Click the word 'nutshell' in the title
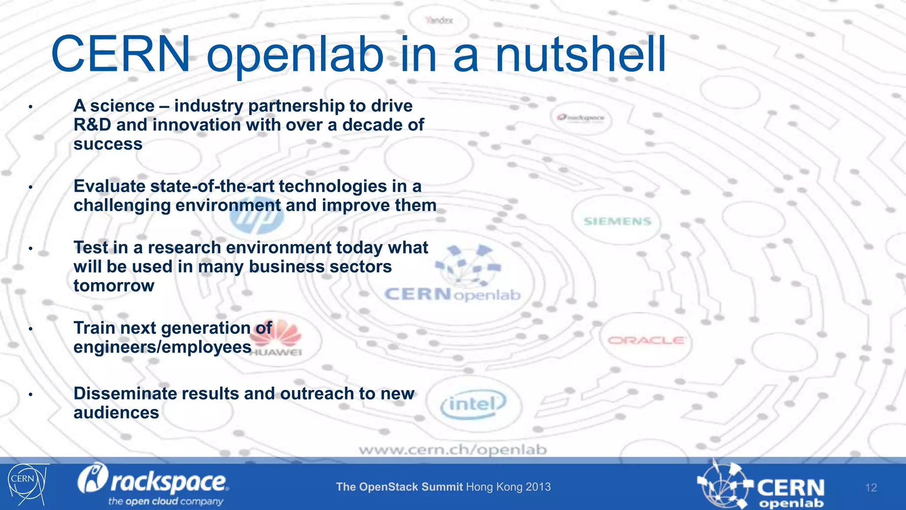click(x=580, y=55)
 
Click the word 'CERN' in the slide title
click(x=120, y=55)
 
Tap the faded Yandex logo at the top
click(x=439, y=20)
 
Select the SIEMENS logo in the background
click(x=618, y=221)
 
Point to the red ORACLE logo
click(x=646, y=340)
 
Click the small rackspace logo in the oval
click(x=581, y=118)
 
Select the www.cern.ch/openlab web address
click(x=453, y=450)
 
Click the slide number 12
click(x=871, y=488)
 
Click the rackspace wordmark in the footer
click(x=153, y=481)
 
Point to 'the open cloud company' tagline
click(x=165, y=502)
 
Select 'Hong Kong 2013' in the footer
click(x=508, y=487)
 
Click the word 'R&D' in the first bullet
click(x=92, y=125)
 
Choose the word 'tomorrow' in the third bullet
click(x=114, y=286)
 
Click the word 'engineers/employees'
click(x=162, y=347)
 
